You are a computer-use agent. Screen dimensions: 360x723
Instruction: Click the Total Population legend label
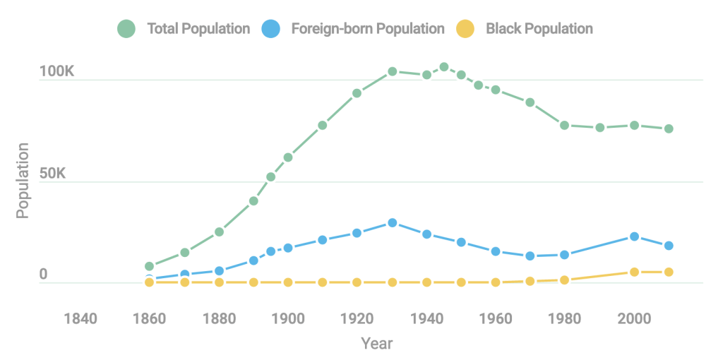(198, 29)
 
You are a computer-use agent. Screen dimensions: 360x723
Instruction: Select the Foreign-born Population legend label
(367, 29)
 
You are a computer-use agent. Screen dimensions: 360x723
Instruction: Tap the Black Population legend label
(539, 29)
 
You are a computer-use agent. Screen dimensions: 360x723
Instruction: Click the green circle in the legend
(126, 29)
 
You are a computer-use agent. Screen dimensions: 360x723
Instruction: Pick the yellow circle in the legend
(465, 29)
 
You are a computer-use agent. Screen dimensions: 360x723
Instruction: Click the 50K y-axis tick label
(52, 173)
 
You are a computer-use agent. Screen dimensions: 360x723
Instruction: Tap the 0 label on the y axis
(43, 275)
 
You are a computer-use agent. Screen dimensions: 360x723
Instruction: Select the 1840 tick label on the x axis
(80, 319)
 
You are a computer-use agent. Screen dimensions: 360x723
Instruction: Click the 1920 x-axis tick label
(357, 319)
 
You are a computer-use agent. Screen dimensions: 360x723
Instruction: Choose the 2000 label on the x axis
(633, 319)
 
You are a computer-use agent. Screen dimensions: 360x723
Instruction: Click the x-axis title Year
(376, 344)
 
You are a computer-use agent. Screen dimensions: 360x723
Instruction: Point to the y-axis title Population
(23, 181)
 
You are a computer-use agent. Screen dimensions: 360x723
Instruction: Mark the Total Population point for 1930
(392, 71)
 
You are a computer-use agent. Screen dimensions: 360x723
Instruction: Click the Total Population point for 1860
(149, 266)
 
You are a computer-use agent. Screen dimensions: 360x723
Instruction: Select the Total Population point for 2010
(668, 128)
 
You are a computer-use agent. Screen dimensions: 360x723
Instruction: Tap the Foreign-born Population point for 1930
(392, 222)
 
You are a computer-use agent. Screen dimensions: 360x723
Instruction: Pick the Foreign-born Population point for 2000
(634, 236)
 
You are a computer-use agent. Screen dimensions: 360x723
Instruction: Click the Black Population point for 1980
(565, 280)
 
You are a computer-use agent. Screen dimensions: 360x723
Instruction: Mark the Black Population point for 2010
(668, 272)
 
